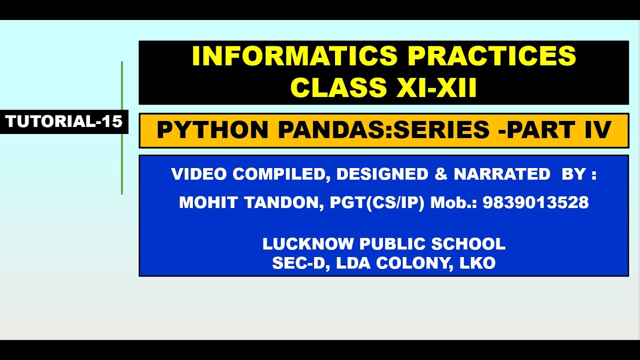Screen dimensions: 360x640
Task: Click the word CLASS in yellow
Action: (x=338, y=87)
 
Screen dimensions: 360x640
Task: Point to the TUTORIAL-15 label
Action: (x=64, y=121)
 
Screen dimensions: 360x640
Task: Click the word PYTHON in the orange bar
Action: (x=212, y=130)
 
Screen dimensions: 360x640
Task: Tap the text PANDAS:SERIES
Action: (x=383, y=130)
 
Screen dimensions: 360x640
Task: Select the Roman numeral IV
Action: (x=598, y=130)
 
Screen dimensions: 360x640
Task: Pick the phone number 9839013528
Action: (x=535, y=202)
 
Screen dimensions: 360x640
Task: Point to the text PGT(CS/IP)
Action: (x=377, y=202)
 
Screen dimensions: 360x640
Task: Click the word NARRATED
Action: (x=502, y=174)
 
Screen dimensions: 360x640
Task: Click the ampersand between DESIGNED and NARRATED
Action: (x=441, y=174)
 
